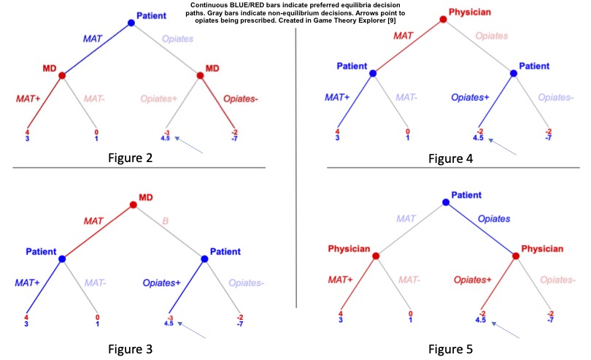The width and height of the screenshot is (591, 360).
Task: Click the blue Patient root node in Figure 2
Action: coord(131,23)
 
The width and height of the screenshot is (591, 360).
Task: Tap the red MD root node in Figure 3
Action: coord(133,205)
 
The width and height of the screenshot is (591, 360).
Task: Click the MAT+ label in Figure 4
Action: coord(338,96)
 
